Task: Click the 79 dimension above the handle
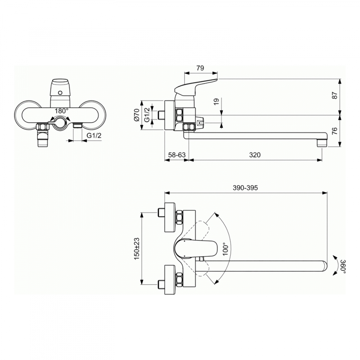point(200,68)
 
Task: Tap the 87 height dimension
point(335,95)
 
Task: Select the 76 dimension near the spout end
point(335,131)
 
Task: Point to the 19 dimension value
point(216,102)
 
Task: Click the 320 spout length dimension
point(255,155)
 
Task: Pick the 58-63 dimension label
point(177,155)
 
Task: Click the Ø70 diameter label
point(137,115)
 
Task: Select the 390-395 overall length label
point(245,188)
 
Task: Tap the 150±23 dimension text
point(137,249)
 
